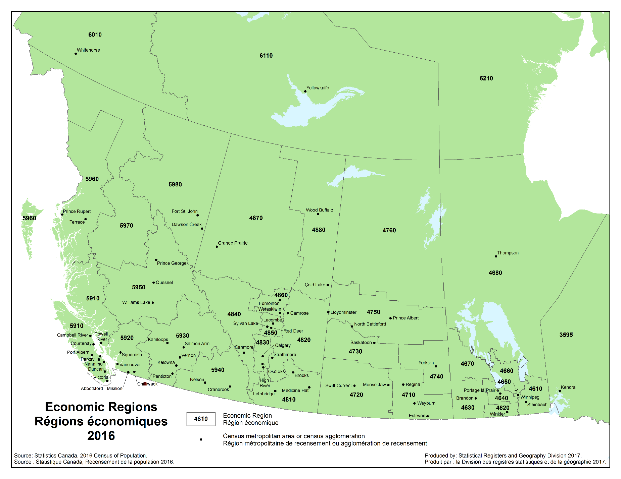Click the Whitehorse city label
pos(88,50)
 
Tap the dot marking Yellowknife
pos(305,91)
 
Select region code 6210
pos(486,78)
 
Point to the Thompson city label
pos(508,253)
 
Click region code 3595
pos(566,335)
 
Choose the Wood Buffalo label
pos(319,210)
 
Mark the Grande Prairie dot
pos(217,247)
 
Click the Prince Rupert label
pos(77,212)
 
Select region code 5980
pos(175,184)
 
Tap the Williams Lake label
pos(136,302)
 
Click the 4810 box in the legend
pos(201,419)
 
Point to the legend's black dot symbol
pos(201,439)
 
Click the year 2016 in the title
pos(101,436)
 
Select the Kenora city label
pos(568,387)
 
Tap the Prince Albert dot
pos(390,318)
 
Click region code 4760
pos(389,230)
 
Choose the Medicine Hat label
pos(295,391)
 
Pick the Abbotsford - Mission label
pos(101,388)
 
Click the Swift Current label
pos(338,385)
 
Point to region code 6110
pos(266,56)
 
